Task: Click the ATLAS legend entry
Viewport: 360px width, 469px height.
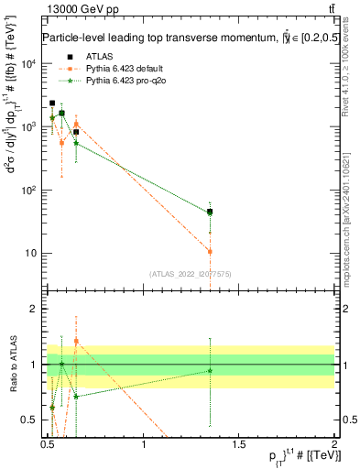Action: pos(85,57)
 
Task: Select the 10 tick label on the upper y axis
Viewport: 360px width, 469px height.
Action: pos(35,254)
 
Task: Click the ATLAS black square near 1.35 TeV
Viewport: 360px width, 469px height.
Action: pos(210,212)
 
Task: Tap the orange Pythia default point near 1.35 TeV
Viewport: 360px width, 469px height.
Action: pos(210,251)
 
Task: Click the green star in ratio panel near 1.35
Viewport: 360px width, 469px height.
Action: pos(210,370)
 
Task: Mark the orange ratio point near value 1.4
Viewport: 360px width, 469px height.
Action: pos(76,341)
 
